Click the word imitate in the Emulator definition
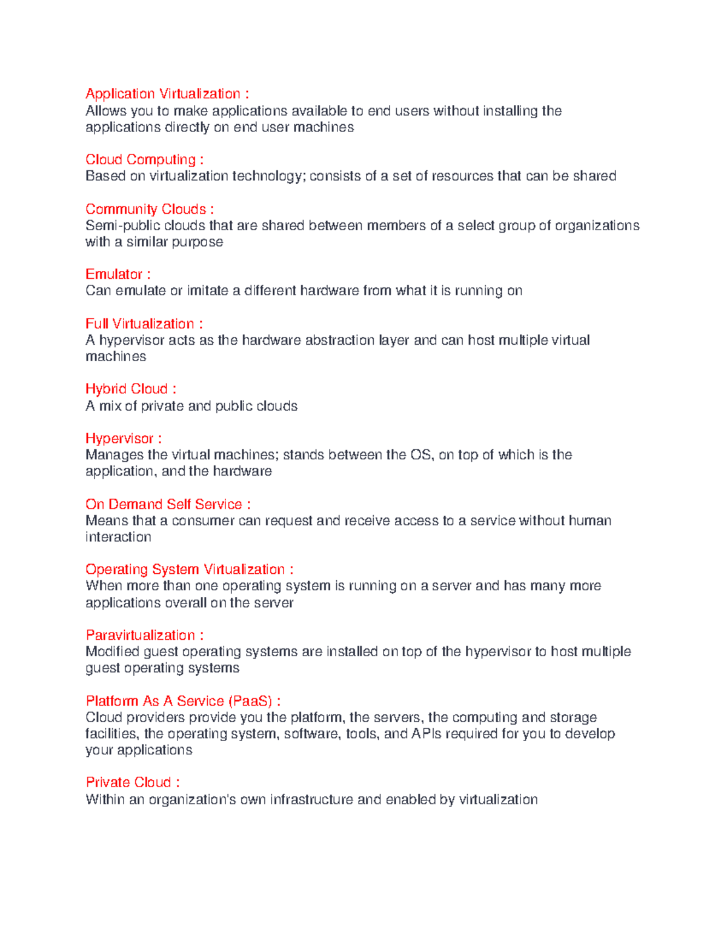coord(207,291)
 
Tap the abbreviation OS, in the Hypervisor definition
coord(422,455)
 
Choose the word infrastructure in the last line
coord(311,800)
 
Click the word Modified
coord(112,652)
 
